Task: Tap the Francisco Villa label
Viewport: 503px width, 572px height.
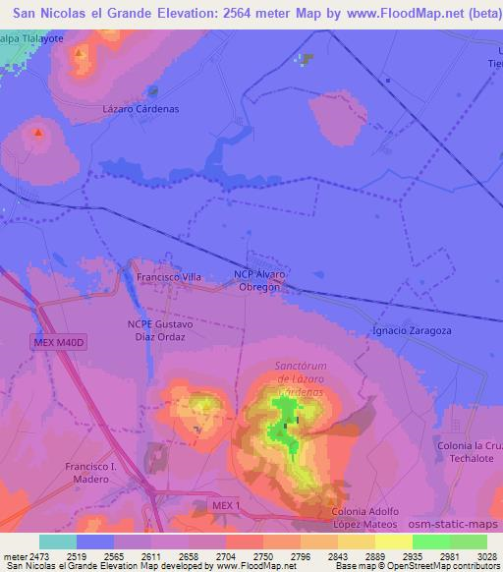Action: (168, 277)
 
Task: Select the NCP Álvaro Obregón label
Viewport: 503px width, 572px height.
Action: (260, 281)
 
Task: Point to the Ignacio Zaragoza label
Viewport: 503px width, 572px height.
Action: (412, 331)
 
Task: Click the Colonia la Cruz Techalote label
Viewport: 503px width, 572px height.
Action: (469, 453)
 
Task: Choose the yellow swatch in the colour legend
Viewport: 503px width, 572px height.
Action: (394, 542)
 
